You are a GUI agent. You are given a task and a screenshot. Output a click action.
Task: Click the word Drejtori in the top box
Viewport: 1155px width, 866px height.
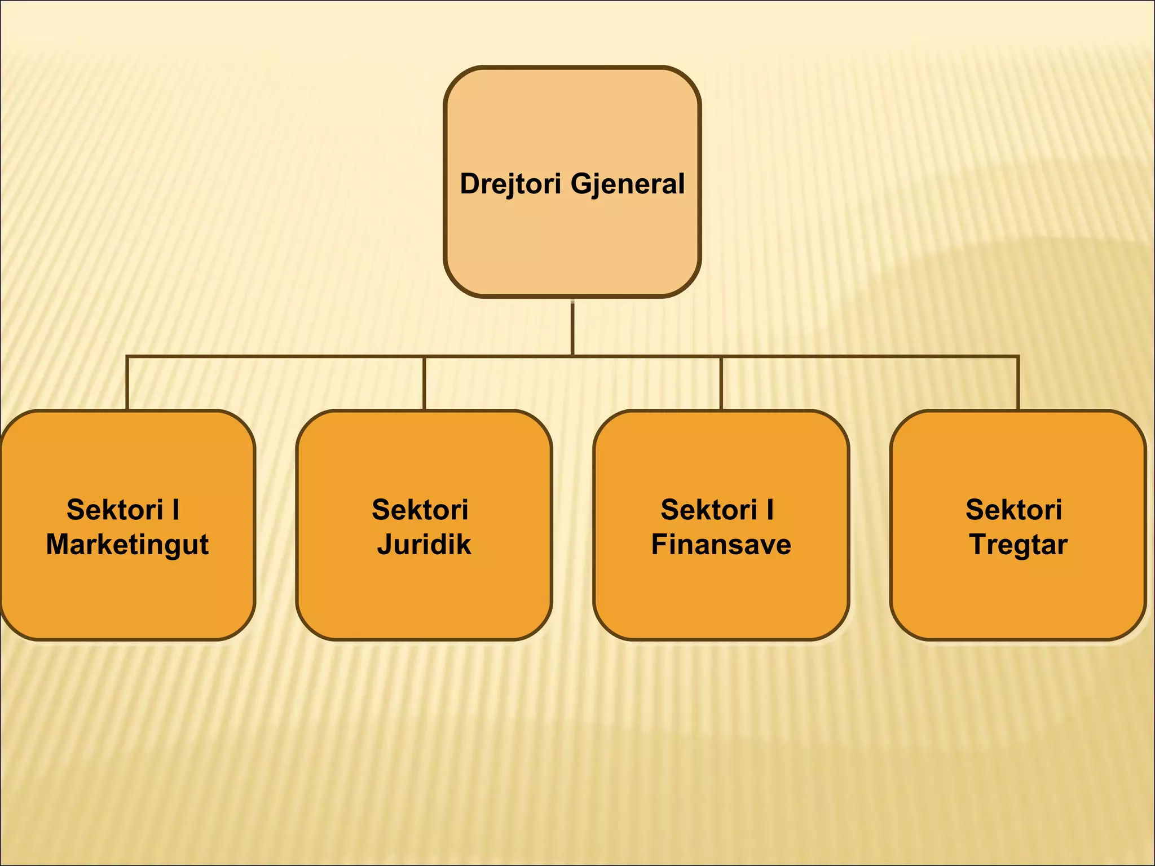[x=511, y=184]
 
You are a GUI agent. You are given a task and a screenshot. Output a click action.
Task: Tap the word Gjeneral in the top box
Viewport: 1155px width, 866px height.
[x=628, y=184]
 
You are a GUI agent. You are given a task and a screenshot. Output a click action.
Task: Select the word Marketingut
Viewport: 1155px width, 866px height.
[x=127, y=545]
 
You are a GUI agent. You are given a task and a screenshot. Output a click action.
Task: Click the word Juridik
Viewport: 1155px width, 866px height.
[x=424, y=545]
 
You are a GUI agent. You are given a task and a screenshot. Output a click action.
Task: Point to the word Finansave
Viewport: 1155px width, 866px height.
[x=721, y=545]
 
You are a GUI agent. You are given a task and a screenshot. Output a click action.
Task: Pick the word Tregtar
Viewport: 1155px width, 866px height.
[x=1018, y=545]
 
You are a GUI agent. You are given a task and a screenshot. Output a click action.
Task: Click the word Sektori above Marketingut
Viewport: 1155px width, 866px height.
[x=115, y=510]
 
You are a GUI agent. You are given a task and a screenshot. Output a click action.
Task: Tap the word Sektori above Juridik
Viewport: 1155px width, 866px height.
[x=420, y=510]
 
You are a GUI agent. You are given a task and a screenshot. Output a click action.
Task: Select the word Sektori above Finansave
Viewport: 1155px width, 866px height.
[x=709, y=510]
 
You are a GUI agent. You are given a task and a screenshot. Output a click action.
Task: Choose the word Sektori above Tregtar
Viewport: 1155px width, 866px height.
[x=1014, y=510]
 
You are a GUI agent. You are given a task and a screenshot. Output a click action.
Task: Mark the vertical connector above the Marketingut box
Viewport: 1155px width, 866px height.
[x=127, y=383]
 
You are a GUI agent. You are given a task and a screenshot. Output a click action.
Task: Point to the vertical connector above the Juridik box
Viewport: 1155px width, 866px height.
[x=424, y=383]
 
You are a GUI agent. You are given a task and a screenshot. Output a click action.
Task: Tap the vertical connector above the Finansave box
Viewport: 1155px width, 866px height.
[x=721, y=383]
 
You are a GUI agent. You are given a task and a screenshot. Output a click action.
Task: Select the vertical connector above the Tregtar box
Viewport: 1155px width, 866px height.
[x=1018, y=383]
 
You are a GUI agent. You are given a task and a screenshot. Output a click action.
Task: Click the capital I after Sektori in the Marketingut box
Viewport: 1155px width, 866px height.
[x=176, y=510]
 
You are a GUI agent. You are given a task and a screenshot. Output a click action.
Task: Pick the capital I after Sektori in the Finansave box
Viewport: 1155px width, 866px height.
[x=770, y=510]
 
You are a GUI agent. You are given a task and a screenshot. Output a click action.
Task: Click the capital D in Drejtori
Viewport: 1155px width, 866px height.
[x=470, y=184]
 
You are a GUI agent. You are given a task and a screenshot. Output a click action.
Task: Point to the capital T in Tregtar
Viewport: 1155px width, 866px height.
[x=978, y=545]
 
